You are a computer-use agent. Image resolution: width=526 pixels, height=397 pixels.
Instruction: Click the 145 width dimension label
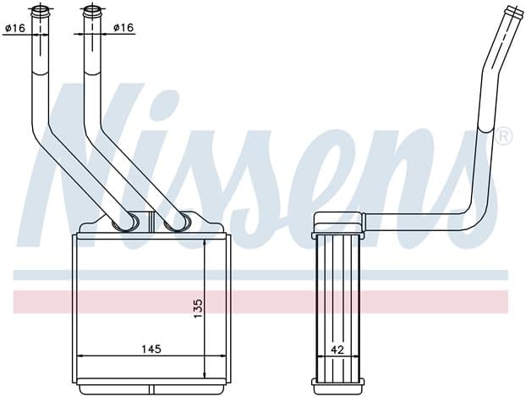pos(151,349)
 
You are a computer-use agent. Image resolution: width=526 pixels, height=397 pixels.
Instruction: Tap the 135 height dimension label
pos(198,308)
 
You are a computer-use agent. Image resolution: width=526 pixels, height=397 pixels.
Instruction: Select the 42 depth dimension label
pos(337,350)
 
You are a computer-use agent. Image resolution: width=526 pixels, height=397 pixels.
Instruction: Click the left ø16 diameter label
pos(15,28)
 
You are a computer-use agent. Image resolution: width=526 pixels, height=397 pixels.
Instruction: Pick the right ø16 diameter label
pos(123,27)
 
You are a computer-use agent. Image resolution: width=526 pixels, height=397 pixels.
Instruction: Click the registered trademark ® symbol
pos(503,136)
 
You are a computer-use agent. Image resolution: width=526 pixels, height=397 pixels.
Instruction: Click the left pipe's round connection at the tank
pos(125,223)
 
